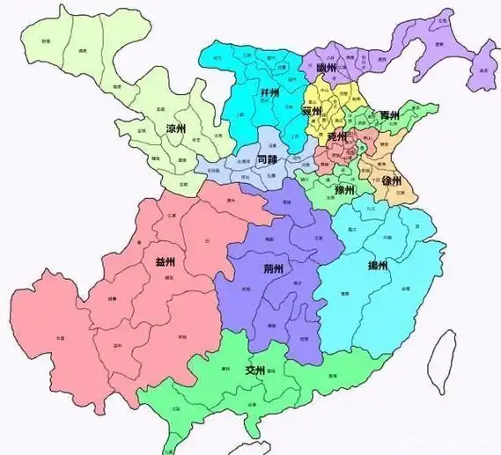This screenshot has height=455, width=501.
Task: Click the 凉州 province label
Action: click(x=176, y=128)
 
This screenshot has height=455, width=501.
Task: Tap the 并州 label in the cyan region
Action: click(x=270, y=92)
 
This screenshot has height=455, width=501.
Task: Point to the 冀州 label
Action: click(x=312, y=112)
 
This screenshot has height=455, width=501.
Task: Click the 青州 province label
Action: click(x=388, y=116)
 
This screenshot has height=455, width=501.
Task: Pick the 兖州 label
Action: click(x=336, y=138)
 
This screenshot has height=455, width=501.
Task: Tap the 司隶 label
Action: click(x=269, y=160)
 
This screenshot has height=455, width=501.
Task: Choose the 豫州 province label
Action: click(x=344, y=189)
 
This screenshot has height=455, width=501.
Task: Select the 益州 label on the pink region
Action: click(x=166, y=261)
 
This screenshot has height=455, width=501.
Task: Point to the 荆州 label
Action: click(x=274, y=269)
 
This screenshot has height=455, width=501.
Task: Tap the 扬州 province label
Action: click(x=377, y=265)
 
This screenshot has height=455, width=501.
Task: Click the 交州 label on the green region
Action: click(x=256, y=371)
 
